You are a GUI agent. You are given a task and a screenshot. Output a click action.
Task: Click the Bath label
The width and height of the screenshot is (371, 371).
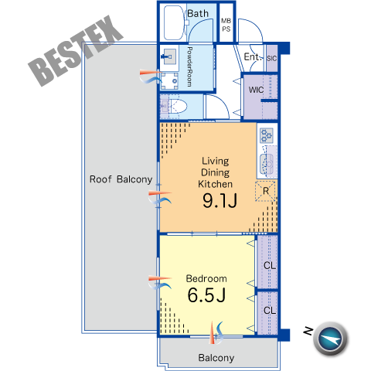pyautogui.click(x=198, y=13)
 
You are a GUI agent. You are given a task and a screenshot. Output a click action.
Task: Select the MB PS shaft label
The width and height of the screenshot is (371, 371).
pyautogui.click(x=226, y=25)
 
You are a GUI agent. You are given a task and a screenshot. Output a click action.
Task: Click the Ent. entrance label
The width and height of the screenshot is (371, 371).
pyautogui.click(x=253, y=56)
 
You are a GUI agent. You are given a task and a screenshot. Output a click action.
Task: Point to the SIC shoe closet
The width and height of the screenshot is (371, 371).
pyautogui.click(x=271, y=58)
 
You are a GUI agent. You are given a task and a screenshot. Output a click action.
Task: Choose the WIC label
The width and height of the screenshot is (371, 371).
pyautogui.click(x=256, y=90)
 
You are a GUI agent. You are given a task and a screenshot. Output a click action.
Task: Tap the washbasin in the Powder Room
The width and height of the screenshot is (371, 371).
pyautogui.click(x=169, y=56)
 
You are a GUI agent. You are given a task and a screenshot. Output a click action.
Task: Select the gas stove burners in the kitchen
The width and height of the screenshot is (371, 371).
pyautogui.click(x=267, y=135)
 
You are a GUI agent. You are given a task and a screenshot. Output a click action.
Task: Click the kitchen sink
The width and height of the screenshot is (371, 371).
pyautogui.click(x=267, y=164)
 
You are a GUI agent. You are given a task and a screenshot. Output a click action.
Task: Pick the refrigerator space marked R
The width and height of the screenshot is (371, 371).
pyautogui.click(x=265, y=191)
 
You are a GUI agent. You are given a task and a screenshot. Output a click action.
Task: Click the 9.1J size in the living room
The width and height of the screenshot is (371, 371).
pyautogui.click(x=220, y=201)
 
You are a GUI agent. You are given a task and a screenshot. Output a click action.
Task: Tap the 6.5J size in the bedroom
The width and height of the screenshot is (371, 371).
pyautogui.click(x=206, y=295)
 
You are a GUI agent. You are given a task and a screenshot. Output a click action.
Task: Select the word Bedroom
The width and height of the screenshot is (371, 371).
pyautogui.click(x=206, y=278)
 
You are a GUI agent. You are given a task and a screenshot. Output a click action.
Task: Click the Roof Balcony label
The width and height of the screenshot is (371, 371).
pyautogui.click(x=121, y=179)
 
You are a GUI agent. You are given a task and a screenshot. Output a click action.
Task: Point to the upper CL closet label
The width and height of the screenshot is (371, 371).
pyautogui.click(x=270, y=265)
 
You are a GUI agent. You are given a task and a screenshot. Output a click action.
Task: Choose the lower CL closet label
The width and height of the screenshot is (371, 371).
pyautogui.click(x=270, y=310)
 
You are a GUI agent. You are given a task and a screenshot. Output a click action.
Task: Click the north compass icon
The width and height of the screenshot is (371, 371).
pyautogui.click(x=331, y=339)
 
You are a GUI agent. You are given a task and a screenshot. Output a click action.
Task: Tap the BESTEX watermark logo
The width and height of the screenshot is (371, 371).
pyautogui.click(x=76, y=51)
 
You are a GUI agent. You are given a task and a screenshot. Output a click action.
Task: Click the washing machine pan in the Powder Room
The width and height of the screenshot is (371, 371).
pyautogui.click(x=169, y=81)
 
